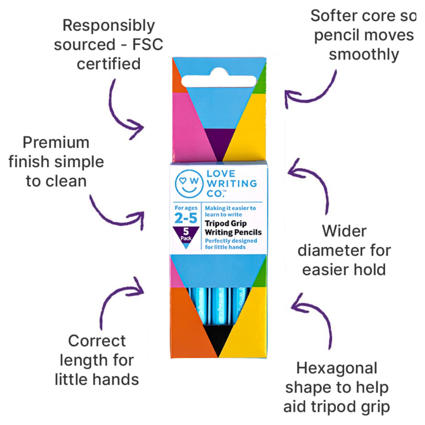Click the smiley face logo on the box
point(189,183)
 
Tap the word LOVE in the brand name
point(221,173)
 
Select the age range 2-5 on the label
point(186,218)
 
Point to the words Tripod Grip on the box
point(226,224)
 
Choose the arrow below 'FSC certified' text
point(122,110)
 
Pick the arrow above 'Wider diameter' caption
point(312,181)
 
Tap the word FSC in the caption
point(148,44)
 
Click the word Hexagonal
point(337,368)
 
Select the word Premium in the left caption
point(56,143)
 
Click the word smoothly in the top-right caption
point(364,54)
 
